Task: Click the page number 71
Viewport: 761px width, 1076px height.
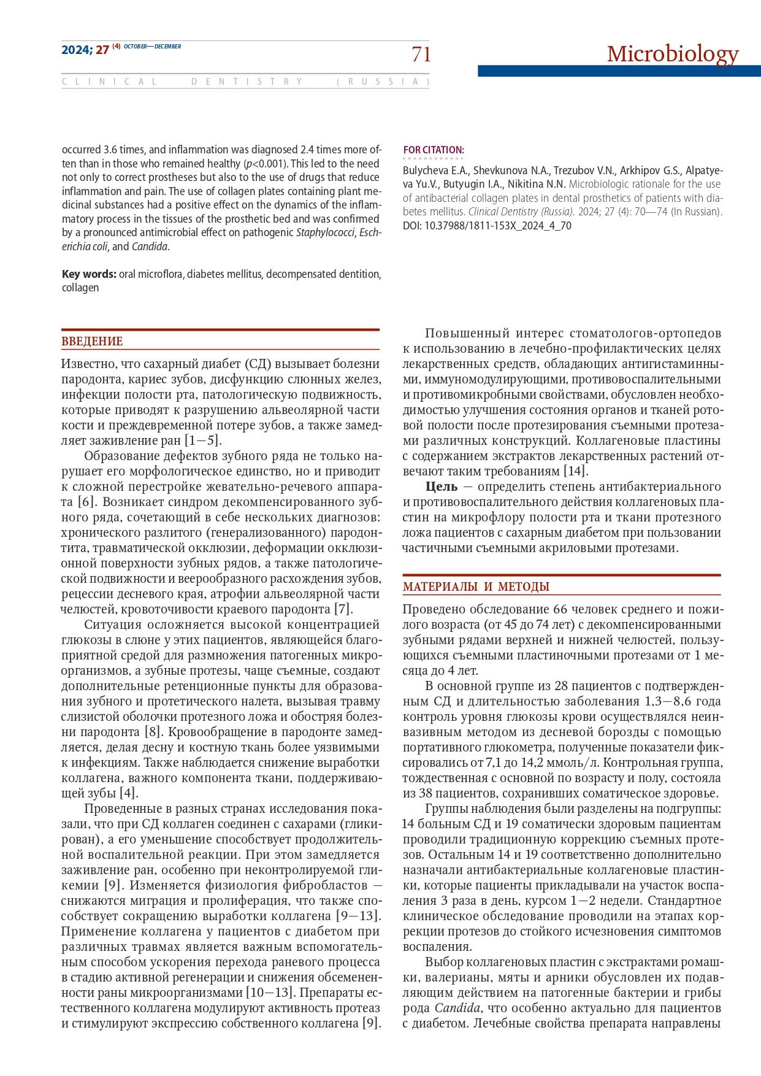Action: click(421, 55)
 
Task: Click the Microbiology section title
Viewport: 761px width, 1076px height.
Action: click(673, 54)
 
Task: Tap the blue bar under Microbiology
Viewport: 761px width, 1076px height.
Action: click(619, 71)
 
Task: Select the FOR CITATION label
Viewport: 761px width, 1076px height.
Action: click(434, 150)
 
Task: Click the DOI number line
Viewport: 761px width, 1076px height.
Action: click(487, 225)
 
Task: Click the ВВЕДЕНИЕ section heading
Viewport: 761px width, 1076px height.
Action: click(92, 342)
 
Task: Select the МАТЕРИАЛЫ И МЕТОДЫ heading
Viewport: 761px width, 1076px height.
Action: click(476, 586)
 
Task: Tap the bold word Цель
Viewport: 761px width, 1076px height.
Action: click(442, 486)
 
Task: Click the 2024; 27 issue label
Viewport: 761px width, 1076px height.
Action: click(85, 50)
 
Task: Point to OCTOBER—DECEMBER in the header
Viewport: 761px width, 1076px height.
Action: click(152, 47)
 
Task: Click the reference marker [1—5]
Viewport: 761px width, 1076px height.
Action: click(202, 440)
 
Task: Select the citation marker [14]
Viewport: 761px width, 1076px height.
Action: click(575, 471)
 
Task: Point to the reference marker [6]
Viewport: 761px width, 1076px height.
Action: click(85, 502)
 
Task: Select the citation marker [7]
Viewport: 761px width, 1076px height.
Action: click(342, 609)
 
